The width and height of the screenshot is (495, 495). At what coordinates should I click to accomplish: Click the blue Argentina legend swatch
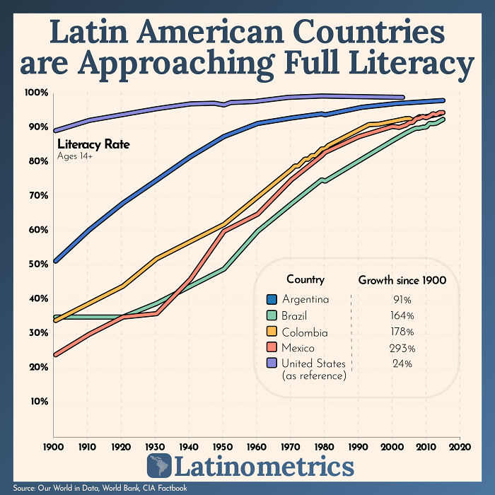pos(271,299)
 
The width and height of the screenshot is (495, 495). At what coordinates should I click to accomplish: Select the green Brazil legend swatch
pos(271,315)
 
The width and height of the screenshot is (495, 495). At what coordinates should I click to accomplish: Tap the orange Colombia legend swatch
pos(271,332)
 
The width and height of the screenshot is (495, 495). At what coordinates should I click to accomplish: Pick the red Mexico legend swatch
pos(271,348)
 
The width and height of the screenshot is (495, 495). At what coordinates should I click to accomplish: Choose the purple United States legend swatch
pos(271,363)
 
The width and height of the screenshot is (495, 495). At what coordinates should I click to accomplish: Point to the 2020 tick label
pos(460,447)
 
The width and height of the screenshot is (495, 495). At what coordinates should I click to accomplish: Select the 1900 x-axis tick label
pos(54,447)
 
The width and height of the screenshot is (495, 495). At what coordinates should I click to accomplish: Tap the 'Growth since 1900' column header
pos(402,280)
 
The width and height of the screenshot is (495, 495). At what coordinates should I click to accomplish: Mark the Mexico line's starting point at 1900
pos(54,354)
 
